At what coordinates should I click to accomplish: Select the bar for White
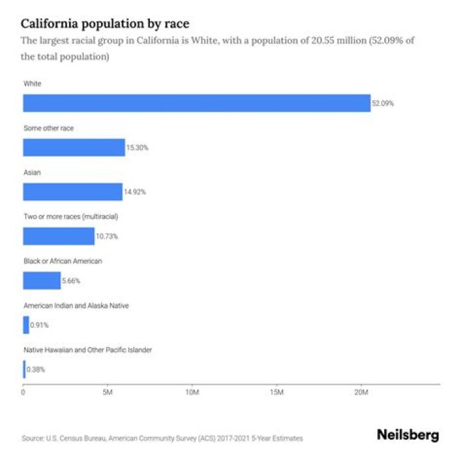pyautogui.click(x=197, y=103)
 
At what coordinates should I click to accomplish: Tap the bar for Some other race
pyautogui.click(x=74, y=147)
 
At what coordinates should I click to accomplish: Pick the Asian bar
pyautogui.click(x=72, y=192)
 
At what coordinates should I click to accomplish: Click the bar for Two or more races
pyautogui.click(x=58, y=236)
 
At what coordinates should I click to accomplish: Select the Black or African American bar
pyautogui.click(x=42, y=280)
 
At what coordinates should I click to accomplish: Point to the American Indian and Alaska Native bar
pyautogui.click(x=26, y=325)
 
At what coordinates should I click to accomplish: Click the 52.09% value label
pyautogui.click(x=383, y=103)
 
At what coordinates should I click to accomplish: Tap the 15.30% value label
pyautogui.click(x=137, y=148)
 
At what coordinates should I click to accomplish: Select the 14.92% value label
pyautogui.click(x=134, y=192)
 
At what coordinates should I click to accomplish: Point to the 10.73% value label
pyautogui.click(x=107, y=236)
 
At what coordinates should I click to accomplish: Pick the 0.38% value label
pyautogui.click(x=36, y=369)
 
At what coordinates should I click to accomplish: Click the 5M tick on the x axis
pyautogui.click(x=108, y=392)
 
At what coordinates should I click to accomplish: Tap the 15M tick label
pyautogui.click(x=277, y=392)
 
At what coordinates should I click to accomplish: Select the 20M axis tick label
pyautogui.click(x=361, y=392)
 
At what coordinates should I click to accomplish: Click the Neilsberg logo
pyautogui.click(x=408, y=435)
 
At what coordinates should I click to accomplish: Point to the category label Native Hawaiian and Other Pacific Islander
pyautogui.click(x=87, y=350)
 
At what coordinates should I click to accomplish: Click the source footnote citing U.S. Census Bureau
pyautogui.click(x=162, y=439)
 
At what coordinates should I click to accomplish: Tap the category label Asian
pyautogui.click(x=32, y=173)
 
